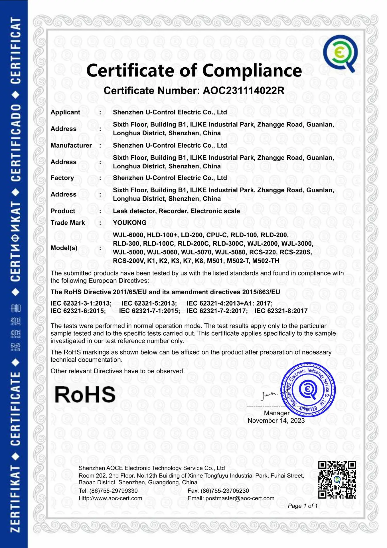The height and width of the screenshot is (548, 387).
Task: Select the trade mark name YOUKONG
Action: [129, 223]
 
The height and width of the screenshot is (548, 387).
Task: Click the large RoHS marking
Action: [85, 394]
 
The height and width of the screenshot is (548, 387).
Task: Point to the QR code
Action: [337, 479]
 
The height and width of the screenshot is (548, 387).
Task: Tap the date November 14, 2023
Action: [276, 421]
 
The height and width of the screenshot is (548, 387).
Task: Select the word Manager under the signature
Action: [276, 413]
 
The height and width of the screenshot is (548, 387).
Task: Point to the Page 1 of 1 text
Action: [303, 506]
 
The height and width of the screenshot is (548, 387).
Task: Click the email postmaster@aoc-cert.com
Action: [240, 498]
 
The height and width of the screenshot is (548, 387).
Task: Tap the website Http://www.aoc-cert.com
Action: [110, 498]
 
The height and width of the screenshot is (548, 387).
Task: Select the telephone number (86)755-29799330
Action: [114, 491]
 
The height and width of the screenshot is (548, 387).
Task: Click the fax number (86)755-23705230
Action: [225, 491]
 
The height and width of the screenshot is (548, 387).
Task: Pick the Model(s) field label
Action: [64, 248]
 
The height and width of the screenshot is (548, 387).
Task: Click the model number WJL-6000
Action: [129, 235]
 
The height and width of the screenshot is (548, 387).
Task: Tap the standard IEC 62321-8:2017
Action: [281, 311]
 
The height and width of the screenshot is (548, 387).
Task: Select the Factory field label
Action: [62, 178]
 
